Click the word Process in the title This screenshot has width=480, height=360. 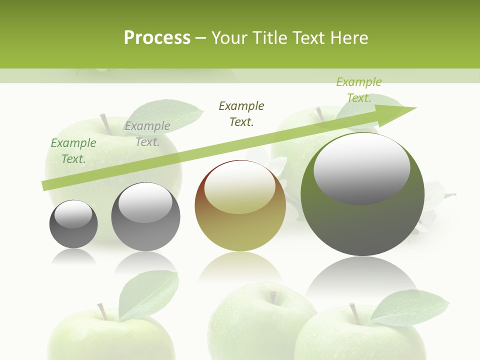[x=157, y=38]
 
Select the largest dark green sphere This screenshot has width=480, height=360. [x=362, y=220]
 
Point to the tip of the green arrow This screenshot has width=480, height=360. [x=415, y=108]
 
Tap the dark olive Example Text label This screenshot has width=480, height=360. [x=241, y=114]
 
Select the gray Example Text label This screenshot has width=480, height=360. [x=147, y=134]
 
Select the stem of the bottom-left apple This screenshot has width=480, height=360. [x=102, y=311]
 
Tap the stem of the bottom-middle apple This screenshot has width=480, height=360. [x=273, y=297]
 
